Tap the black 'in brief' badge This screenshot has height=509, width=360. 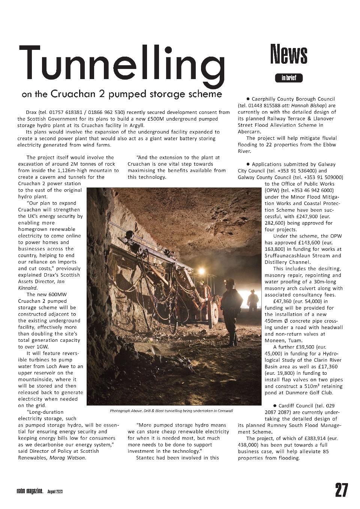(289, 78)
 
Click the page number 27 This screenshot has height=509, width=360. (341, 490)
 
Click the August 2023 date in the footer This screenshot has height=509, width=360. (55, 491)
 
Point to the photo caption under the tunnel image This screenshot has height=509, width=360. (171, 411)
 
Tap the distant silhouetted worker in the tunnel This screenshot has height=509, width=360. (253, 300)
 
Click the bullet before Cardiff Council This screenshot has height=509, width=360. (275, 406)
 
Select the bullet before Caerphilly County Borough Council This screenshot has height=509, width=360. (248, 99)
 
